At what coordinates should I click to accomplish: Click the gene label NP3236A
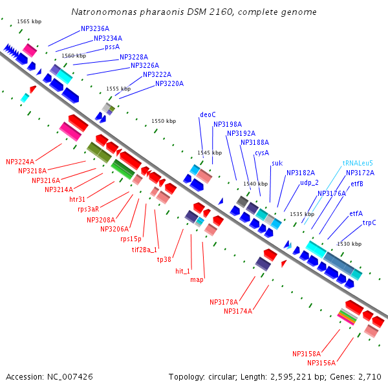click(95, 29)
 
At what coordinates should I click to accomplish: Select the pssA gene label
click(112, 47)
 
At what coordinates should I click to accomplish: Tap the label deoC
click(208, 115)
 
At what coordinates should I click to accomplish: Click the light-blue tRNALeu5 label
click(358, 164)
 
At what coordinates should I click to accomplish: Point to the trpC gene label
click(369, 223)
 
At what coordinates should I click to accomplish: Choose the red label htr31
click(78, 199)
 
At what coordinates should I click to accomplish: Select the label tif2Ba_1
click(145, 249)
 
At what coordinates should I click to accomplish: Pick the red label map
click(197, 280)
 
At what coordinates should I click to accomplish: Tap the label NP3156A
click(321, 363)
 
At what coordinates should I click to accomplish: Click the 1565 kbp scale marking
click(29, 21)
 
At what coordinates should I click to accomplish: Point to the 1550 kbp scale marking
click(164, 121)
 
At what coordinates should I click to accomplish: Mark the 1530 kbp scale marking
click(349, 244)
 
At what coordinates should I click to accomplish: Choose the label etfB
click(357, 184)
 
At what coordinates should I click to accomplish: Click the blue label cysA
click(262, 153)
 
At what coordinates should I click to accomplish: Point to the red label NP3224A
click(20, 162)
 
